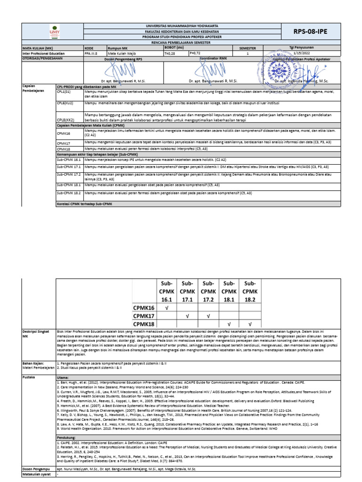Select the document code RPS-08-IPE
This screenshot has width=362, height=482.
(310, 32)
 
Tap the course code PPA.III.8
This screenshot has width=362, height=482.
(90, 54)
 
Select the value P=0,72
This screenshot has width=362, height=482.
(197, 54)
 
